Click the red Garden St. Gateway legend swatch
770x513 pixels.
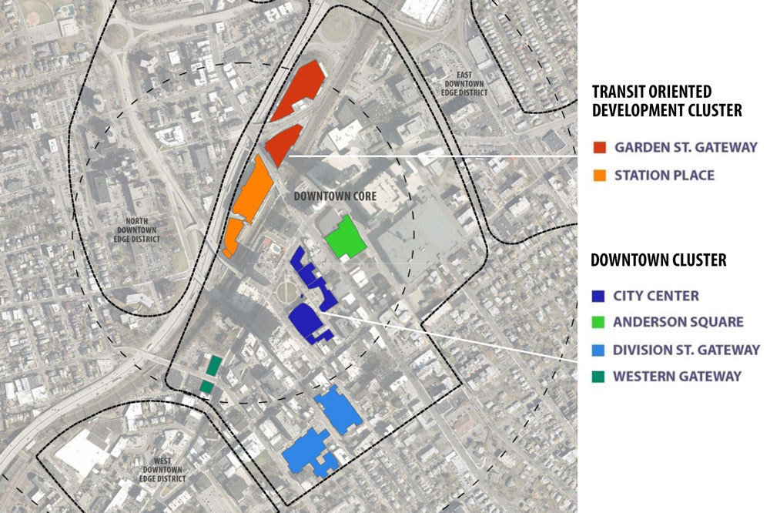(599, 147)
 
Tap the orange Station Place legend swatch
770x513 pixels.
(599, 175)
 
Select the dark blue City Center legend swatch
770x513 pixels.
(599, 295)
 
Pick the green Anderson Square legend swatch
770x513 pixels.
(599, 322)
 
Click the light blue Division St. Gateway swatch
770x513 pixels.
(599, 350)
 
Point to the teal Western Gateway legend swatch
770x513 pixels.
(599, 377)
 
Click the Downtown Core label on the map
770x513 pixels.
(335, 196)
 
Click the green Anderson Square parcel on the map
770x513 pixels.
(343, 237)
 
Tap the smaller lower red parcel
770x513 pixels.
(283, 143)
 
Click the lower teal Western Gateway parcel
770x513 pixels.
(206, 386)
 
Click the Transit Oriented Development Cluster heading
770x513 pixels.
(667, 101)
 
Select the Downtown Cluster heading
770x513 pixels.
(658, 260)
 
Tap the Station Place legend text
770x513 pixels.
(665, 175)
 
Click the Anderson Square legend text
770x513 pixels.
(678, 322)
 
